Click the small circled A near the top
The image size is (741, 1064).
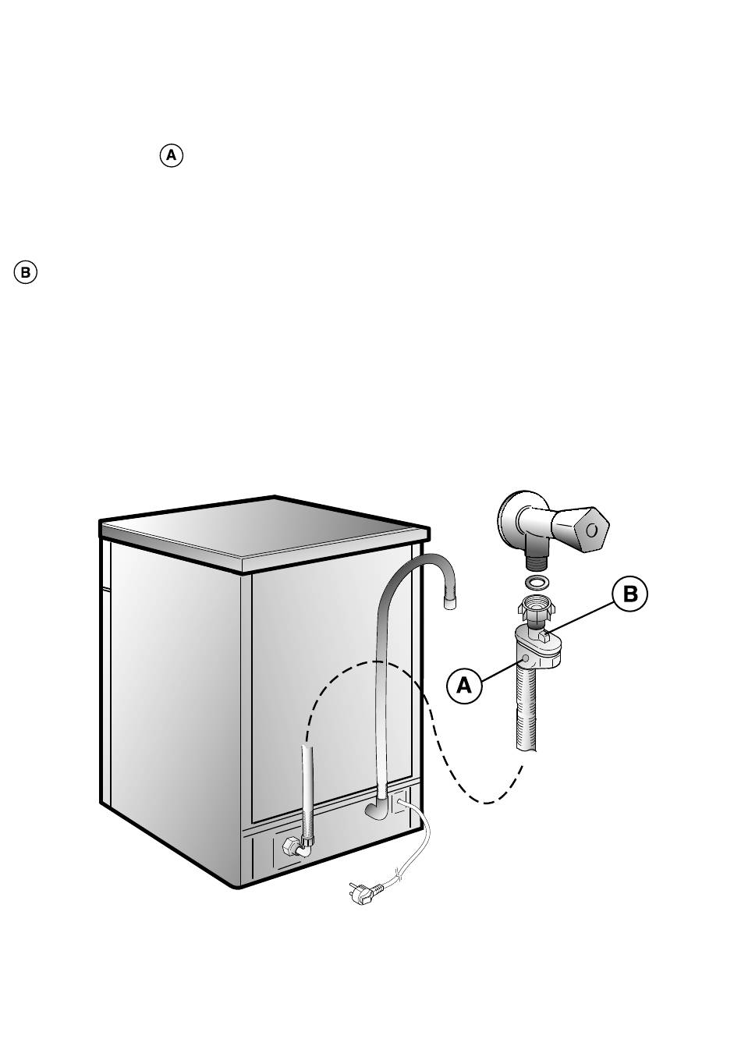tap(172, 155)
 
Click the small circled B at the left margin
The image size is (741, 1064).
tap(25, 273)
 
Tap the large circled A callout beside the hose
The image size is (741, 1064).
tap(464, 686)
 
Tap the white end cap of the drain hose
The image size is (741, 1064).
tap(451, 602)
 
